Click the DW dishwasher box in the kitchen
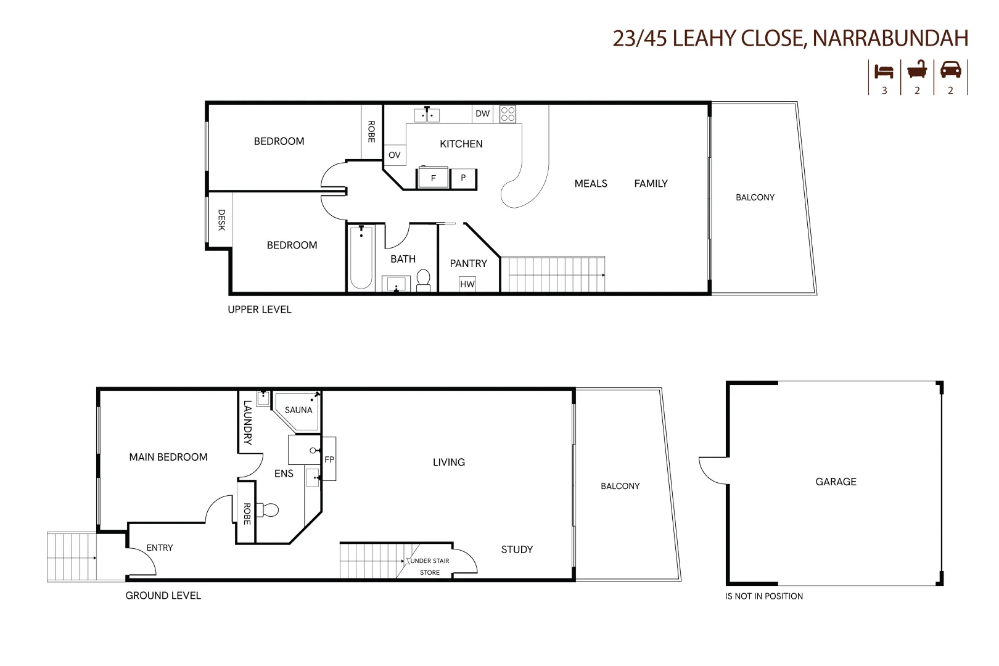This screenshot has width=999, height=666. (x=482, y=113)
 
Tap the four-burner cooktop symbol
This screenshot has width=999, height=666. (x=508, y=114)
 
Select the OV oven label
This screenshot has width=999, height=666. (x=395, y=155)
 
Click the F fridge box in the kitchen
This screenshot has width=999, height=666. (x=433, y=178)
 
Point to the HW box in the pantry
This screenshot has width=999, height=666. (x=467, y=284)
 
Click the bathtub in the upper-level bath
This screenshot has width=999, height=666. (x=361, y=258)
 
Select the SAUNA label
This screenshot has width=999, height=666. (x=298, y=410)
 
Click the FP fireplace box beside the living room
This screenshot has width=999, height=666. (x=329, y=459)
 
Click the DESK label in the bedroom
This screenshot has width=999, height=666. (x=221, y=220)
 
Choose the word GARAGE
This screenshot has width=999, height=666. (x=836, y=482)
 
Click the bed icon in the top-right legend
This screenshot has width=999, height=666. (x=884, y=72)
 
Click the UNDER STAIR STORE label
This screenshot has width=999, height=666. (x=430, y=566)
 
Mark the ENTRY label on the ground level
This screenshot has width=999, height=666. (x=160, y=548)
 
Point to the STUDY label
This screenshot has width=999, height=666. (x=517, y=549)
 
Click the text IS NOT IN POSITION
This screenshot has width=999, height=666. (x=764, y=596)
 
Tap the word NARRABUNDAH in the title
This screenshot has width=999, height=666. (x=890, y=38)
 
